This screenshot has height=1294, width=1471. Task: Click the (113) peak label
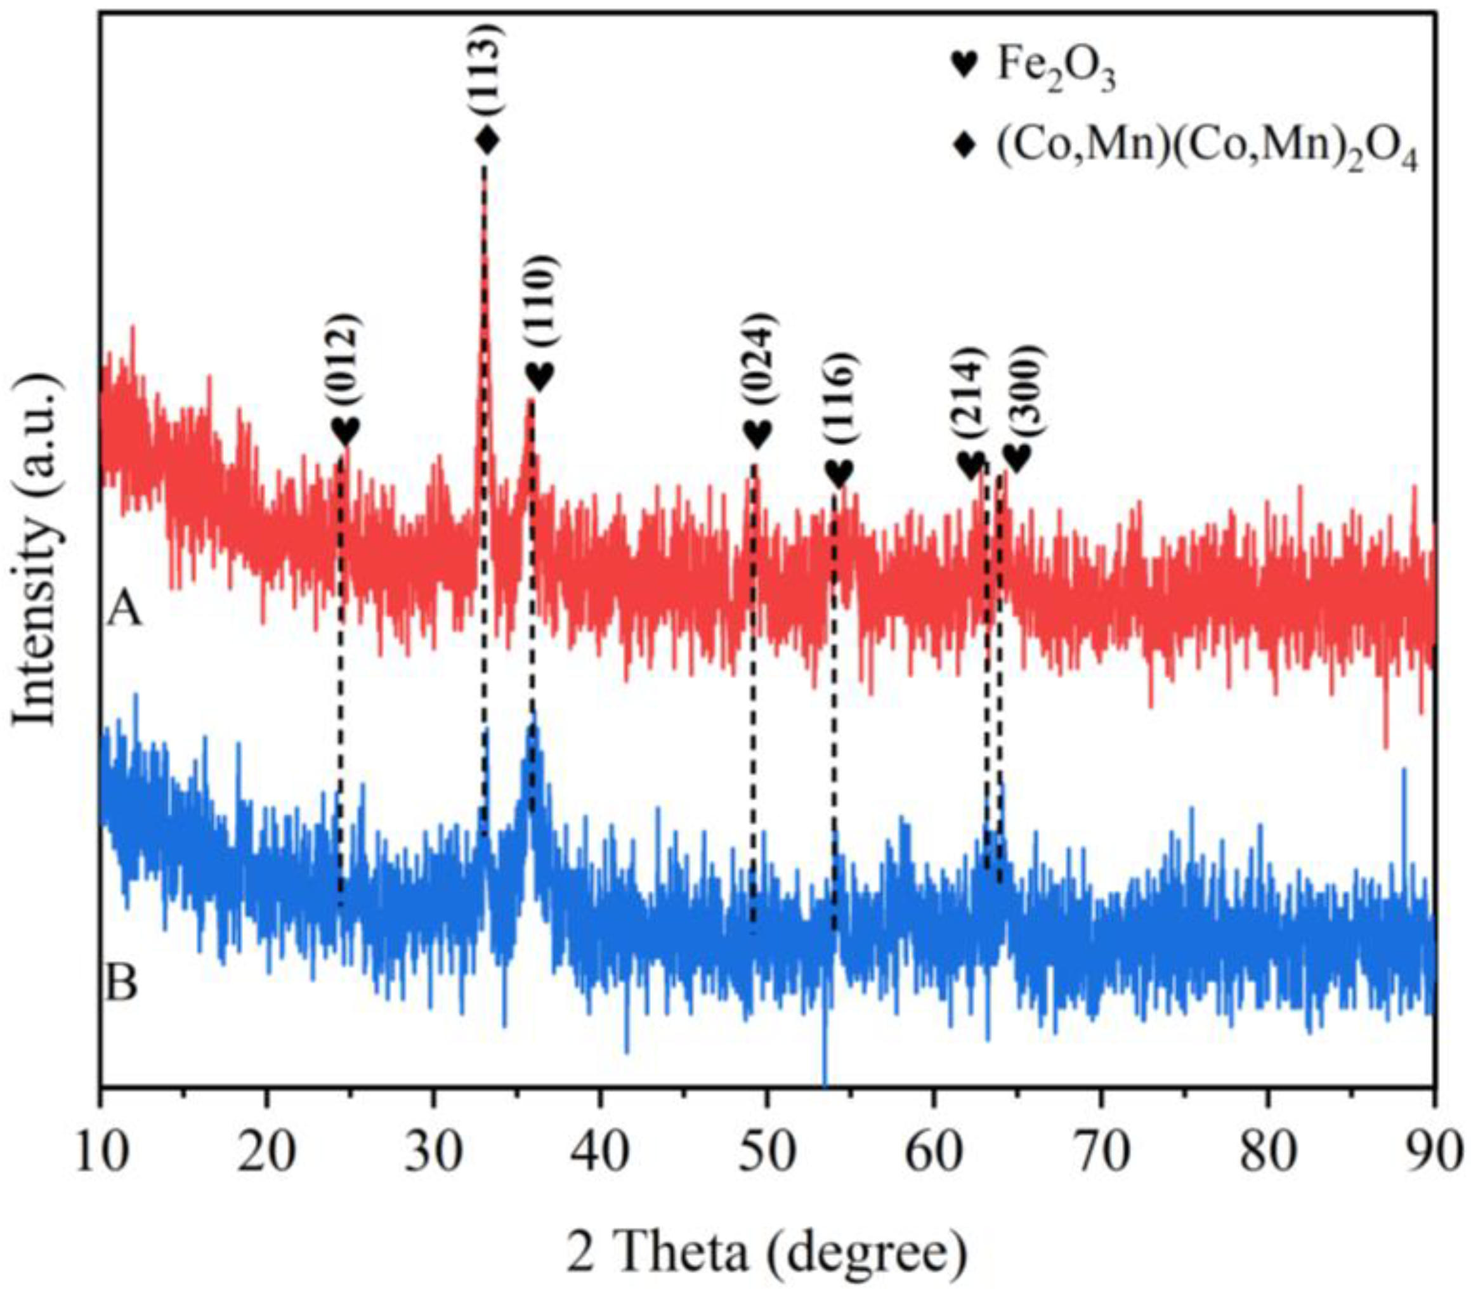(x=488, y=68)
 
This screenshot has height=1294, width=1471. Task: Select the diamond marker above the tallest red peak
(x=488, y=139)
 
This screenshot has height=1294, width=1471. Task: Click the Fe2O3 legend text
(x=1056, y=69)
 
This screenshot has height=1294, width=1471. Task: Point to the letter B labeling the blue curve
(x=122, y=984)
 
